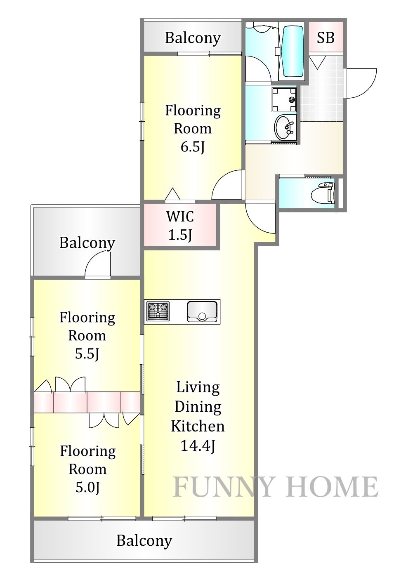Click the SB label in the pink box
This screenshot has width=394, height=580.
(x=326, y=38)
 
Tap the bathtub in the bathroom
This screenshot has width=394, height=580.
(x=293, y=52)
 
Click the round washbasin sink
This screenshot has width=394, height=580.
(x=284, y=127)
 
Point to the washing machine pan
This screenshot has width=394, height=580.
(x=284, y=99)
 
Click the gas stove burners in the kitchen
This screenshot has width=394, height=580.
(x=158, y=311)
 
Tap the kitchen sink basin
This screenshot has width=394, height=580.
(x=202, y=311)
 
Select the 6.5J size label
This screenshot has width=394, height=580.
(x=193, y=147)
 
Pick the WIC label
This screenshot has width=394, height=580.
(x=180, y=217)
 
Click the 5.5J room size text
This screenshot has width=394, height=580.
(x=87, y=354)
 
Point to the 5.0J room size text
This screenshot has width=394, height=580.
(x=87, y=488)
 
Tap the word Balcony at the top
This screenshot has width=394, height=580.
(x=193, y=38)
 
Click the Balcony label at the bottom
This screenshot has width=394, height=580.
(x=144, y=541)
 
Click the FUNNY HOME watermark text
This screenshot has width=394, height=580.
(x=275, y=487)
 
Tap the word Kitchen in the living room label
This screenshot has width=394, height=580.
(x=198, y=426)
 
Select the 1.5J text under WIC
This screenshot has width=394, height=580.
(x=180, y=235)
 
